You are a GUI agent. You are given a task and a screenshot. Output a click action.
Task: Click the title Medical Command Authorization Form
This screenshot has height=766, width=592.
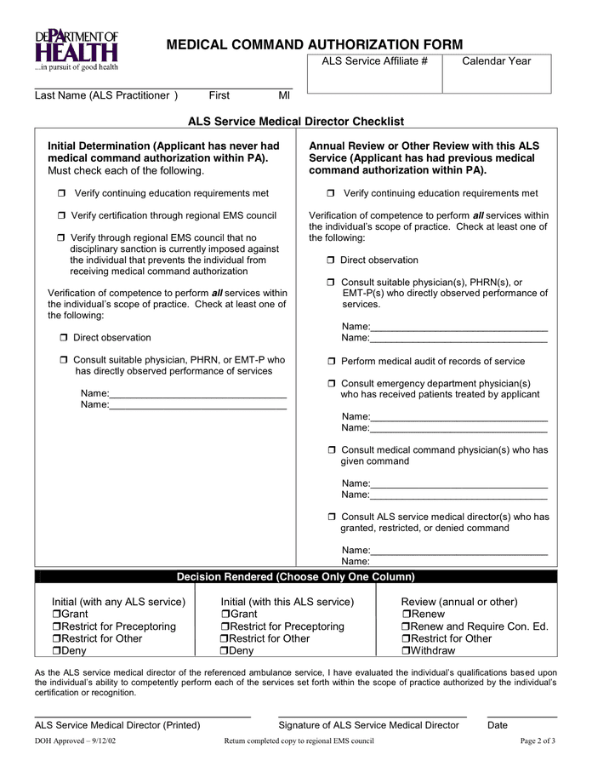point(314,44)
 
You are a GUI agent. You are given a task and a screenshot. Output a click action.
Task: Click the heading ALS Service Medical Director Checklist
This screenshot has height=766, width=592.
point(296,122)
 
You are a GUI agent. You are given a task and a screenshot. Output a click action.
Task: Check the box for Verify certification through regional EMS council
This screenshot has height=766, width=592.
point(61,215)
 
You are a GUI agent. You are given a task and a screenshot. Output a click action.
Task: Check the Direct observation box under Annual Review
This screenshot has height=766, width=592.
point(331,260)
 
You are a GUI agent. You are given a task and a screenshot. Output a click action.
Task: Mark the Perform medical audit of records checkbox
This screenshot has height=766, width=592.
point(332,362)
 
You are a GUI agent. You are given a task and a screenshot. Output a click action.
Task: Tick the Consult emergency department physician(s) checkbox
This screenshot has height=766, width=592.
point(332,384)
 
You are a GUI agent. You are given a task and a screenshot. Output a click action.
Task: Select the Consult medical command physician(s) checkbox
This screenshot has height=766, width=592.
point(332,450)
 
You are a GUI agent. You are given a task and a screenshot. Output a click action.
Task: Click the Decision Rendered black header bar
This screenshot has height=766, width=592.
point(296,577)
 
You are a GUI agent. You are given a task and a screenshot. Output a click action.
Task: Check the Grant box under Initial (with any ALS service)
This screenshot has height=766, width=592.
point(56,615)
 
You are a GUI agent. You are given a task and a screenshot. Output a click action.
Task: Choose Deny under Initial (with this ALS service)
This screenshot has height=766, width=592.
point(225,651)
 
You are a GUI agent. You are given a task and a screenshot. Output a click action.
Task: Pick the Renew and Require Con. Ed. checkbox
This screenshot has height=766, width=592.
point(406,627)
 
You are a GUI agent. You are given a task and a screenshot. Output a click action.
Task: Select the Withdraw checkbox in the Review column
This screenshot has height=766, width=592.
point(406,651)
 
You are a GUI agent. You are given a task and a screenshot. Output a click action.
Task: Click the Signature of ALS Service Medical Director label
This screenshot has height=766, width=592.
point(368,725)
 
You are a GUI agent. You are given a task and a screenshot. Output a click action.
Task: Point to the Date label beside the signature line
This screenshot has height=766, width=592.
point(498,725)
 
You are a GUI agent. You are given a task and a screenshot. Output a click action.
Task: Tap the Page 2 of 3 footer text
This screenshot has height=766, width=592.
point(538,741)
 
